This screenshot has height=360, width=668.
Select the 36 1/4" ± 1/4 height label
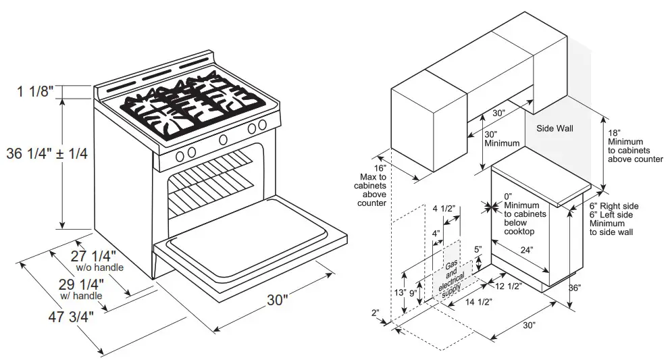[x=47, y=154]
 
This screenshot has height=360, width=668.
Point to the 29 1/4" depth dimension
[x=80, y=284]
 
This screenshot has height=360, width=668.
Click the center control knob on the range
[x=223, y=139]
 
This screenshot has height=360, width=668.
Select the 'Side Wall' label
[x=555, y=128]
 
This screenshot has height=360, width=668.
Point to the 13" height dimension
[x=399, y=292]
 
